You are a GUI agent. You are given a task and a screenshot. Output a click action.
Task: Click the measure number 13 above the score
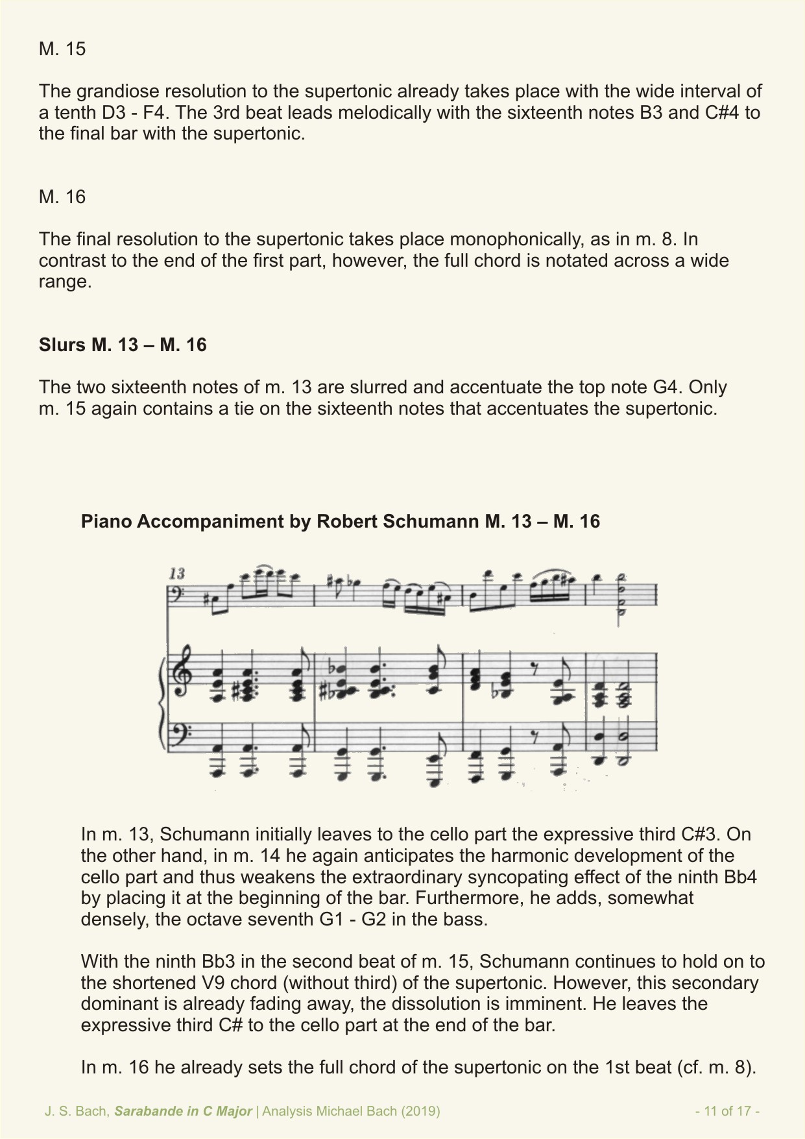click(176, 573)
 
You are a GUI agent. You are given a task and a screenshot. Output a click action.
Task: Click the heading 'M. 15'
click(62, 49)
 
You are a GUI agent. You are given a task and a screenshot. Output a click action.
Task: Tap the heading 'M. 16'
click(62, 197)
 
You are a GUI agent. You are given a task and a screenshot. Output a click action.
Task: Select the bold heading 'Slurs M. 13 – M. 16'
click(123, 345)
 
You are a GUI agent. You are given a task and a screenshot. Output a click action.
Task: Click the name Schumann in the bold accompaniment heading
click(429, 521)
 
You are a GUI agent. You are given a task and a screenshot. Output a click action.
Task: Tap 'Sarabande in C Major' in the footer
click(184, 1110)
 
